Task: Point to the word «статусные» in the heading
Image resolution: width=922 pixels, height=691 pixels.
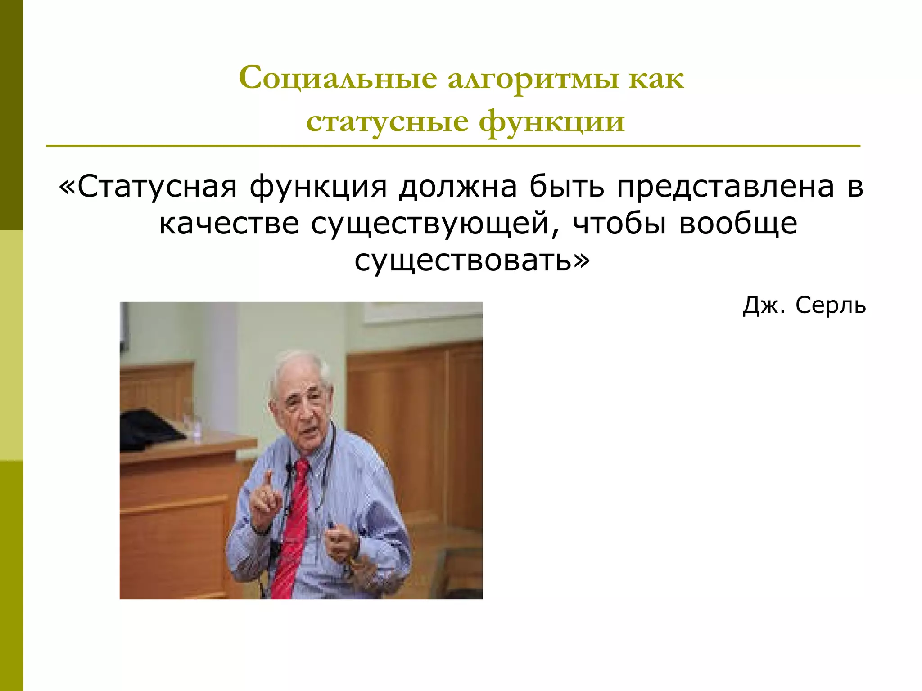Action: [387, 121]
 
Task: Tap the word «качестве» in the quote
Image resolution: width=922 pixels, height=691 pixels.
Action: [229, 224]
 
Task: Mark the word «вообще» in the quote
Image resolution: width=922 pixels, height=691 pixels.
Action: [738, 224]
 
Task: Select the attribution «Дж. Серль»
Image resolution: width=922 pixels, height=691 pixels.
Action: [804, 306]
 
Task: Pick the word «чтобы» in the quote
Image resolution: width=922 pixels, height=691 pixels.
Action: [619, 224]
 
